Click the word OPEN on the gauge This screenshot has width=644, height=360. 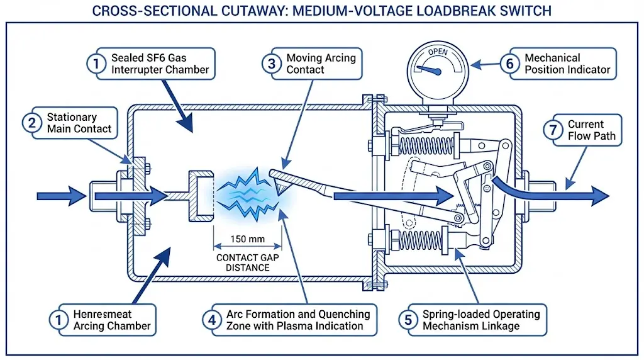click(x=438, y=52)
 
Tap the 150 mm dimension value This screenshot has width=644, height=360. click(x=246, y=239)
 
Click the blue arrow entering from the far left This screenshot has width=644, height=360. click(x=60, y=196)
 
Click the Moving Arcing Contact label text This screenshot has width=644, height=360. click(x=321, y=63)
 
